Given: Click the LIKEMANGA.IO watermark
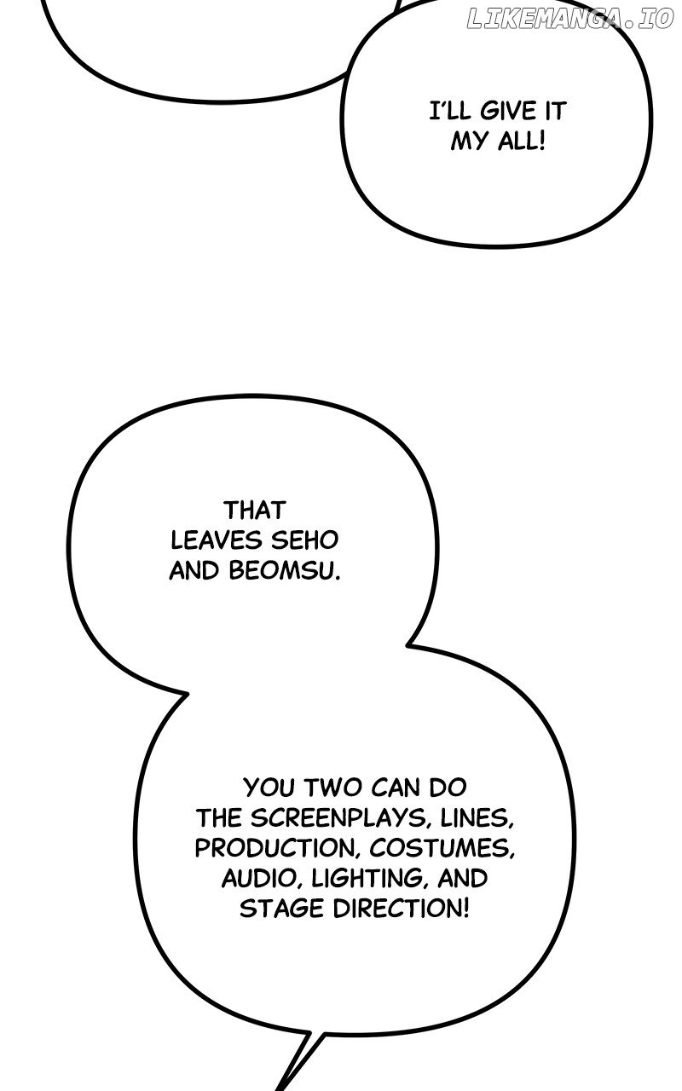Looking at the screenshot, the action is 570,18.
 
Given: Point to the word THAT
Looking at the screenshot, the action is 254,511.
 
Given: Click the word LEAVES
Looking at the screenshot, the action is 217,540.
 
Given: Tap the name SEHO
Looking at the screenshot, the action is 304,540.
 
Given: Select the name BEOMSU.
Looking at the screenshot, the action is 285,571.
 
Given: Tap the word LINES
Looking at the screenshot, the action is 477,817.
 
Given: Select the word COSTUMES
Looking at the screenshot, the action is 442,848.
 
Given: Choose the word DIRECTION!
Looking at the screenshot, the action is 401,909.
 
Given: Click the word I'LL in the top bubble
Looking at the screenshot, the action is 451,111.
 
